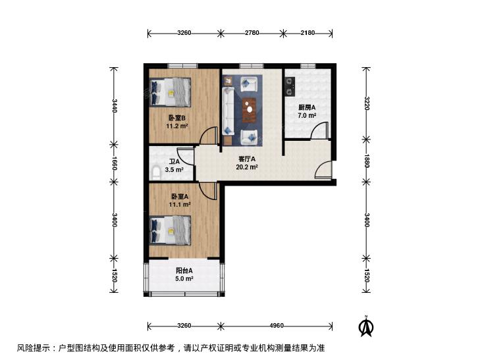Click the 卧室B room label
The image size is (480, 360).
177,118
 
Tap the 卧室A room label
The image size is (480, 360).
180,196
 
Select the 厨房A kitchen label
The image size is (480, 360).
307,108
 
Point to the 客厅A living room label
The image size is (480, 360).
247,159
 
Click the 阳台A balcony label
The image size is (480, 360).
184,270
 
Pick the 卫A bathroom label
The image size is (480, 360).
174,162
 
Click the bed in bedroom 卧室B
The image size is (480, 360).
170,92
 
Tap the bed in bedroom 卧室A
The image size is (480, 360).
170,230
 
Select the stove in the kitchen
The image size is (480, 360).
290,87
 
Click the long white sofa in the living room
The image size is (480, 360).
228,111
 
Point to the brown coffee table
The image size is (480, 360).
249,109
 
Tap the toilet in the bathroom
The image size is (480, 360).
156,173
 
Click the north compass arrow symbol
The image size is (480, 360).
366,326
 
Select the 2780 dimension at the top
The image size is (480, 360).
252,33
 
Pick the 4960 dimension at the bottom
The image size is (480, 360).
277,326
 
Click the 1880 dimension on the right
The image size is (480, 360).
367,161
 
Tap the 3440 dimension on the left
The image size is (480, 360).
114,105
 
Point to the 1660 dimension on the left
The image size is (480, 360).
114,163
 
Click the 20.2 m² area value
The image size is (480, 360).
247,167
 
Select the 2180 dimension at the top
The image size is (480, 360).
307,33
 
